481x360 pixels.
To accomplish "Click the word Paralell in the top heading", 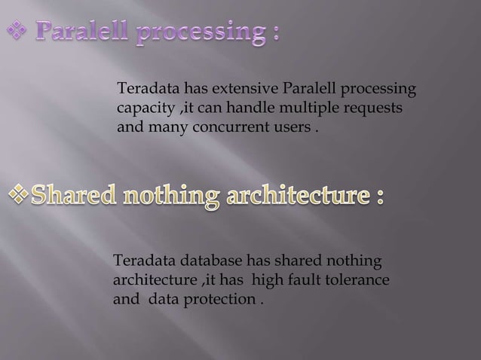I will [x=84, y=35].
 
